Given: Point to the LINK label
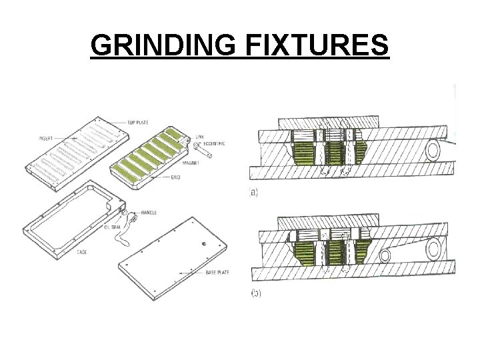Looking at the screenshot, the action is (201, 137).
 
